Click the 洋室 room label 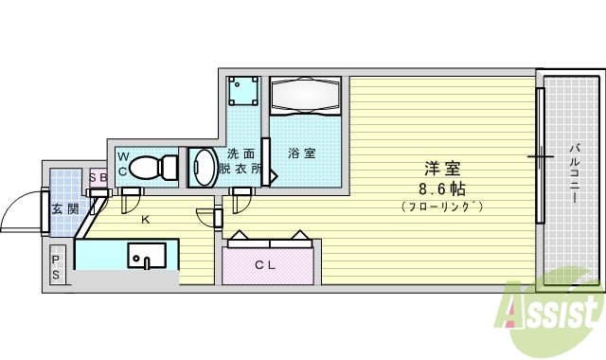click(441, 170)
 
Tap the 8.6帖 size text click(441, 188)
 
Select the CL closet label click(265, 265)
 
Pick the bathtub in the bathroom click(305, 96)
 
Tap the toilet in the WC click(152, 167)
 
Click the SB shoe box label click(98, 176)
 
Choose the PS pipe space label click(57, 266)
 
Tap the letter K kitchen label click(145, 221)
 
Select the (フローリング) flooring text click(441, 205)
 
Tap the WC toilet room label click(122, 163)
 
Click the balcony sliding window click(541, 156)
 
